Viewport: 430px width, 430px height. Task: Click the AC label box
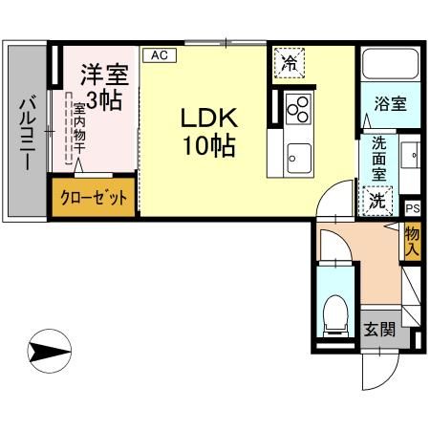coord(159,55)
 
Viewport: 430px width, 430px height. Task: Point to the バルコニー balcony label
coord(29,134)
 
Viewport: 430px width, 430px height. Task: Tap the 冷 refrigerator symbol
coord(288,64)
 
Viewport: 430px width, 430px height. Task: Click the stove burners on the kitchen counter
coord(297,106)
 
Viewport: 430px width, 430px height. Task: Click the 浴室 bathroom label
coord(390,103)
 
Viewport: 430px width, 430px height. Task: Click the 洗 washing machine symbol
coord(378,201)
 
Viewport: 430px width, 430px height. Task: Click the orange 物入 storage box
coord(412,239)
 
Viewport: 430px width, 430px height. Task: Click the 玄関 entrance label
coord(380,331)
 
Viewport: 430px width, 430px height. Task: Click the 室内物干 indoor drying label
coord(79,124)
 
